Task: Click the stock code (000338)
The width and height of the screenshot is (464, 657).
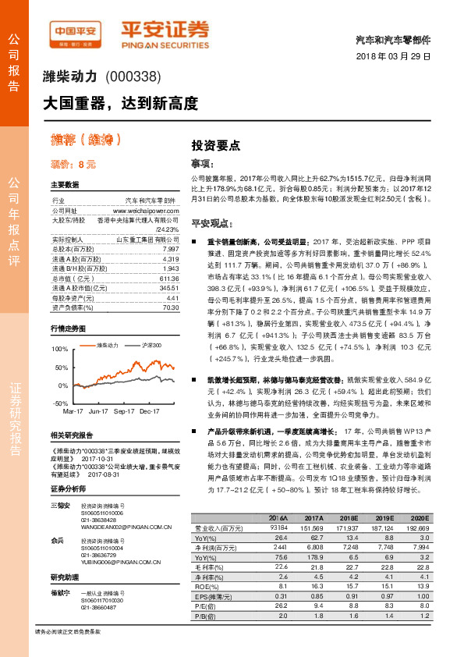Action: point(133,76)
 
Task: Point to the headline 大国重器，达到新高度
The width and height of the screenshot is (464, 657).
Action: point(120,103)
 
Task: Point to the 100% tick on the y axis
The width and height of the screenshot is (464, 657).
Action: point(60,348)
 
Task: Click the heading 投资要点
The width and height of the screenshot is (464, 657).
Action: point(216,145)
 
